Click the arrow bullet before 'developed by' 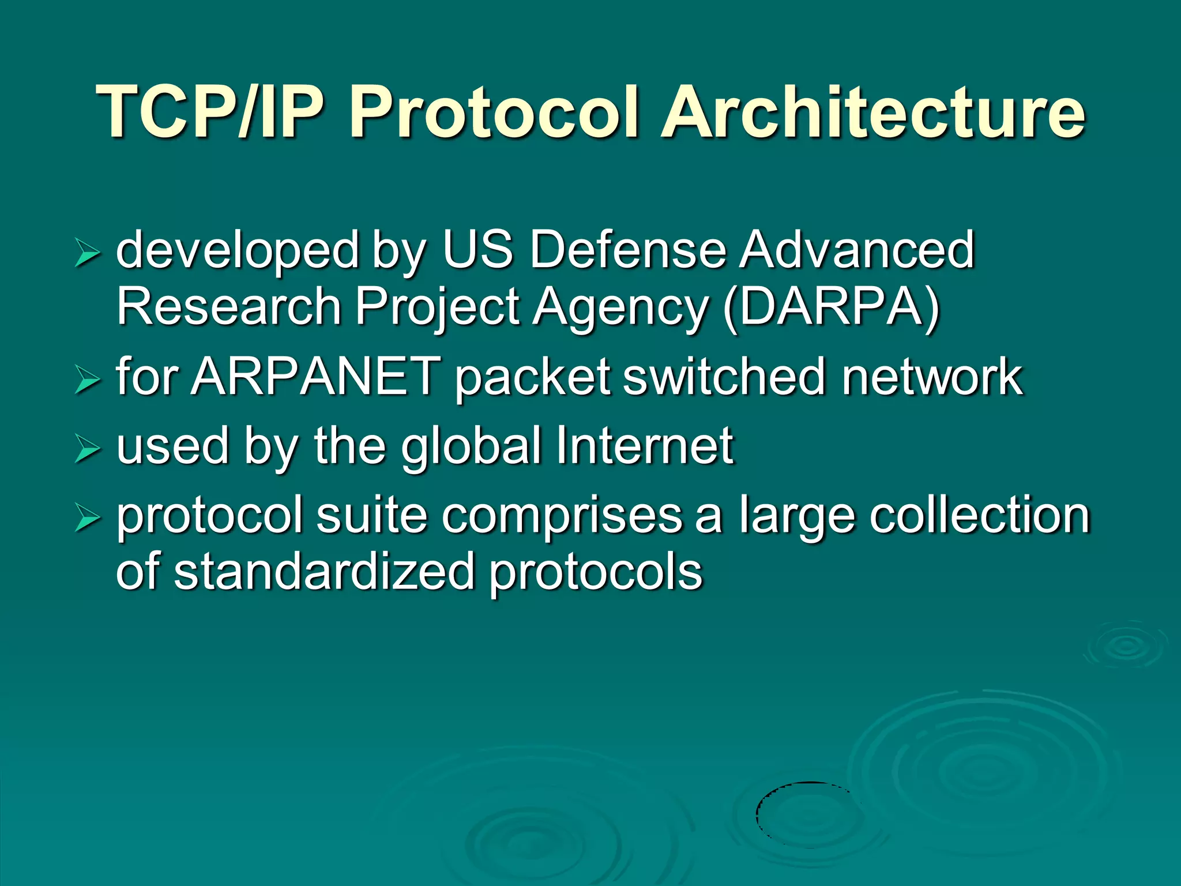pos(88,254)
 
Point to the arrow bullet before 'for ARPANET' pos(88,381)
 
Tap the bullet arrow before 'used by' pos(88,450)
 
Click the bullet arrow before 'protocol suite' pos(88,519)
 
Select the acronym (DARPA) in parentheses pos(831,307)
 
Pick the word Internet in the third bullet pos(645,446)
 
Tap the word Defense pos(628,250)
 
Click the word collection pos(980,515)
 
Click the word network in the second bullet pos(932,377)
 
